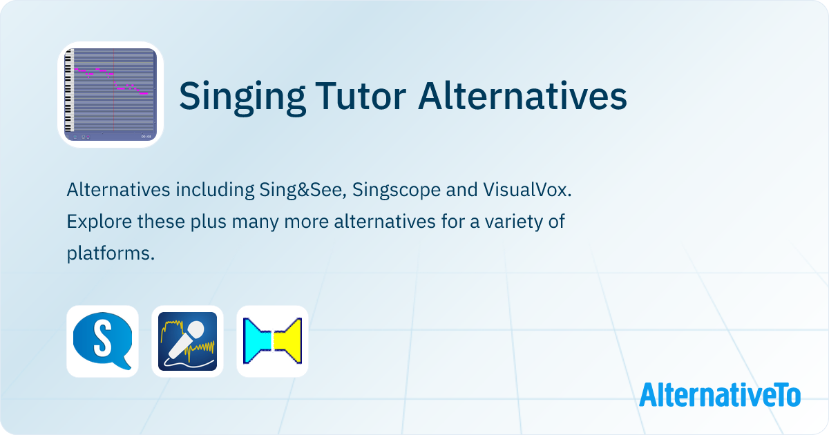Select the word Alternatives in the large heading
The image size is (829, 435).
pyautogui.click(x=523, y=95)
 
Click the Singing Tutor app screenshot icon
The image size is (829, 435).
pyautogui.click(x=111, y=95)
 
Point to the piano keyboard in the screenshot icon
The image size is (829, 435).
pyautogui.click(x=68, y=93)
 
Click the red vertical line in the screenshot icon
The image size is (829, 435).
pyautogui.click(x=114, y=90)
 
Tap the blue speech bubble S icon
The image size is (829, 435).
pyautogui.click(x=102, y=341)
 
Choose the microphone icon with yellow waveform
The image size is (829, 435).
pyautogui.click(x=187, y=341)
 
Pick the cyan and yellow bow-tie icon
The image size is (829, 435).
pyautogui.click(x=272, y=341)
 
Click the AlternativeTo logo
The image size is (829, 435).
pyautogui.click(x=719, y=394)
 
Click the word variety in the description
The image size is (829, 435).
pyautogui.click(x=504, y=222)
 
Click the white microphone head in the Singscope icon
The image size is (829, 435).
pyautogui.click(x=196, y=331)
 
